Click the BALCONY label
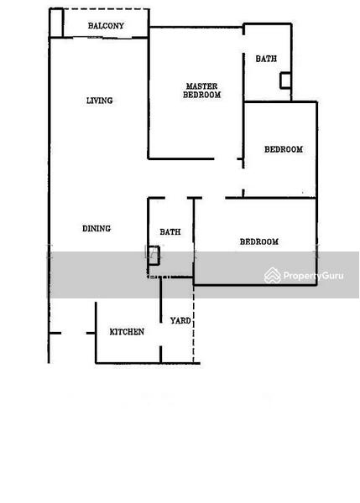click(106, 26)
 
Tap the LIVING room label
click(100, 101)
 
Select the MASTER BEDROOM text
click(202, 91)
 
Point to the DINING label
click(97, 228)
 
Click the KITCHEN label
click(127, 332)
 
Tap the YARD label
click(180, 320)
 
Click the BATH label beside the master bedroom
click(266, 59)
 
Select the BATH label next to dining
click(170, 231)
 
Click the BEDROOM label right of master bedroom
click(284, 149)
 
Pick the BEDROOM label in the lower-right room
click(259, 241)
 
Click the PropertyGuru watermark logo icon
click(273, 275)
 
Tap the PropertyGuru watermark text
click(314, 276)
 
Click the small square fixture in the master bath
click(285, 80)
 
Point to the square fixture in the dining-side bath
click(154, 256)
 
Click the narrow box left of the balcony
click(56, 23)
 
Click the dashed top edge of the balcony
click(106, 9)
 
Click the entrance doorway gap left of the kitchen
click(74, 334)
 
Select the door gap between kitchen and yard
click(160, 334)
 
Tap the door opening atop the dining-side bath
click(176, 198)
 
